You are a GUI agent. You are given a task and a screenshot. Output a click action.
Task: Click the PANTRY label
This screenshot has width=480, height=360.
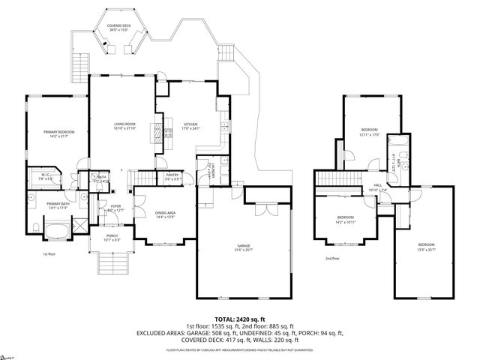(172, 175)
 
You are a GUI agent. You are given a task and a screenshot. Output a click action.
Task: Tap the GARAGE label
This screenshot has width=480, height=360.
(243, 245)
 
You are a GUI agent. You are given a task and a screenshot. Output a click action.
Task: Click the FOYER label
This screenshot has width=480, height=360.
(116, 205)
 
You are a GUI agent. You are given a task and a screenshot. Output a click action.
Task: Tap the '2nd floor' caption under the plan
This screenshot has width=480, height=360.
(332, 259)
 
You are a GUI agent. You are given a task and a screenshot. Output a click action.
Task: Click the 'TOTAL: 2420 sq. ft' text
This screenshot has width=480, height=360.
(240, 319)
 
